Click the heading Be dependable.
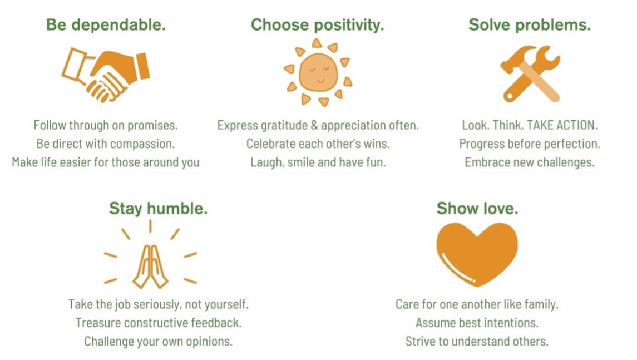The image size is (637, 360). pos(106,25)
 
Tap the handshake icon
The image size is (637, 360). pos(106,75)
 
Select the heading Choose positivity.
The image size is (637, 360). pos(317,25)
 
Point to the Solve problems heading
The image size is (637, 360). pos(529,25)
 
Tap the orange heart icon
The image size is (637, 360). pos(477,254)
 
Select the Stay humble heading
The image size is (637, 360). pos(158,209)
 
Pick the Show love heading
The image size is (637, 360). pos(477,209)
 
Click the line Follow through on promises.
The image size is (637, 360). pos(106,125)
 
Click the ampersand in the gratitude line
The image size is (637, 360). pos(314,125)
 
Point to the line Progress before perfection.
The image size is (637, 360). pos(529,144)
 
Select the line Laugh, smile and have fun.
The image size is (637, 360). pos(318,162)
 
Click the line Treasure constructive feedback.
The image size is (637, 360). pos(159,323)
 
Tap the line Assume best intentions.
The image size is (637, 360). pos(477,323)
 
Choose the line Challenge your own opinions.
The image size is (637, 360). pos(159,342)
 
